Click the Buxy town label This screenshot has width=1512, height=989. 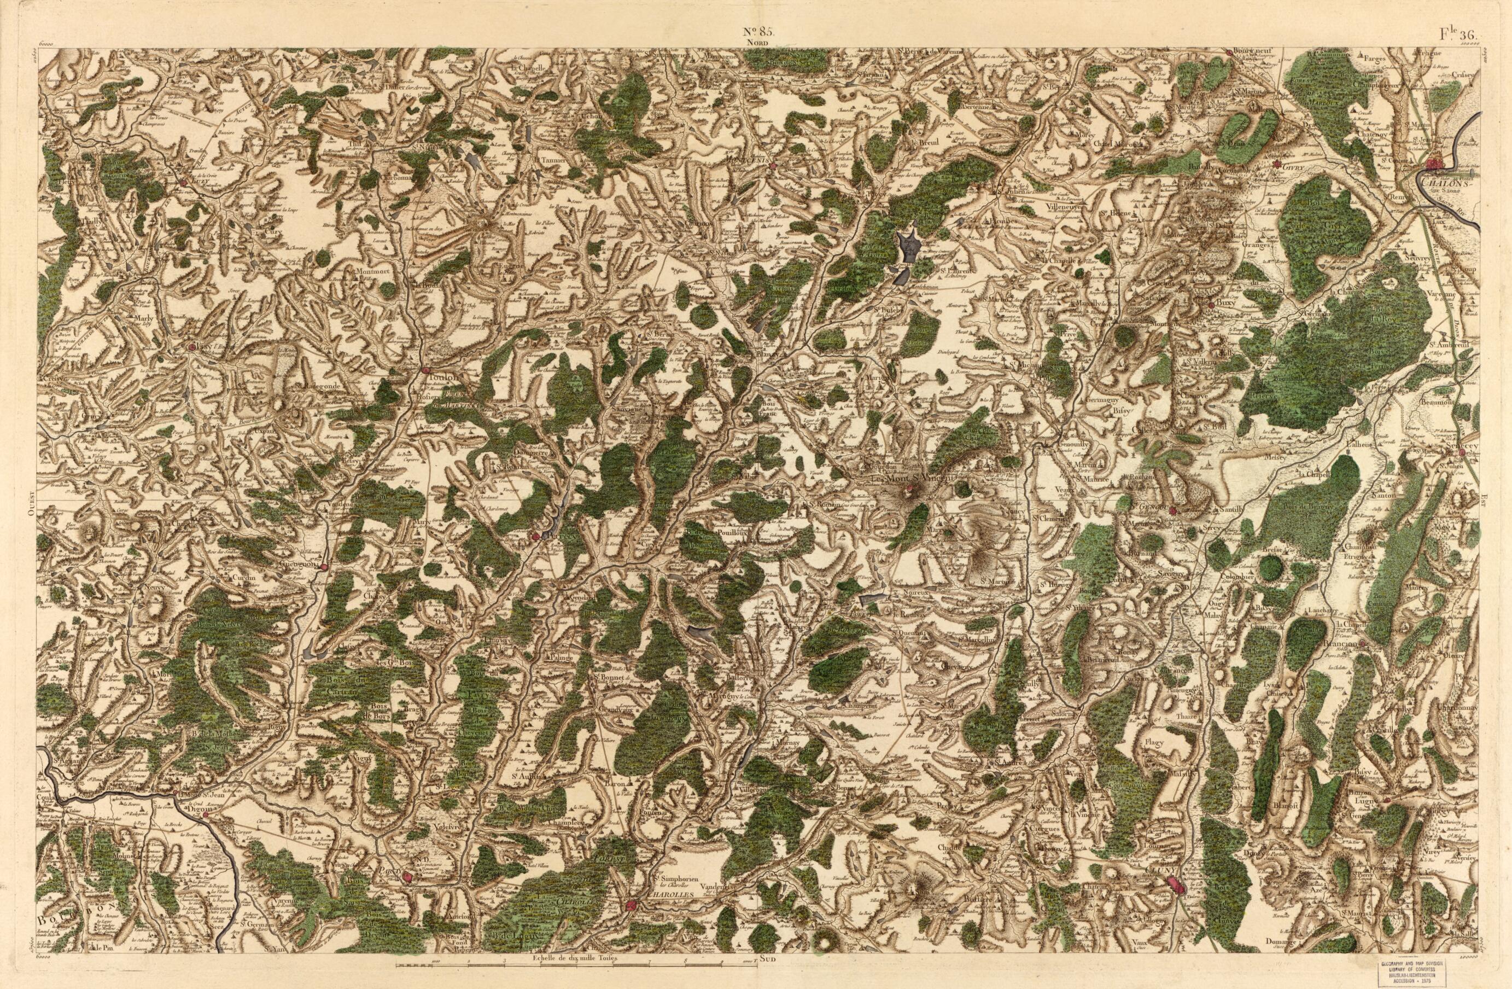(1225, 305)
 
